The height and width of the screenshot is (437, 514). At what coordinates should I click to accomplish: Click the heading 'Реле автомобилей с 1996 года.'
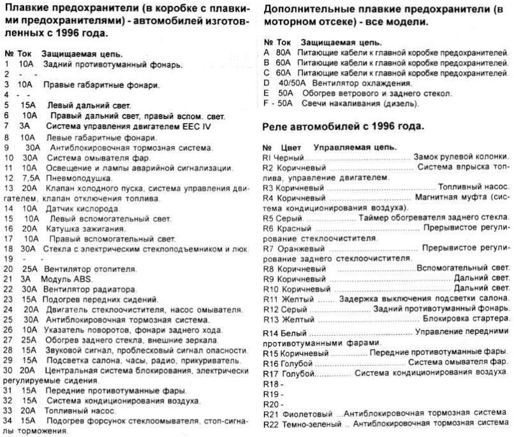(344, 127)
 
